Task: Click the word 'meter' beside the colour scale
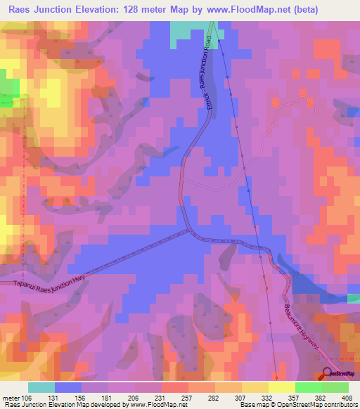[x=12, y=397]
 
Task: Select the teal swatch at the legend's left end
[x=41, y=387]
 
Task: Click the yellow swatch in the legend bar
[x=282, y=387]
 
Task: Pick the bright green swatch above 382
[x=309, y=387]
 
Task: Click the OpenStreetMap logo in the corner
[x=327, y=373]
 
